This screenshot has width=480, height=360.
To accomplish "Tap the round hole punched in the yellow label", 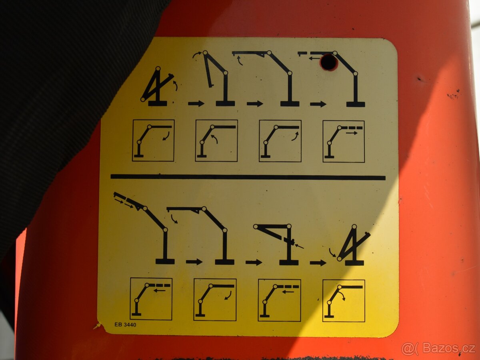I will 329,62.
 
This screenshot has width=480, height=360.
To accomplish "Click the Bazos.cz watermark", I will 438,349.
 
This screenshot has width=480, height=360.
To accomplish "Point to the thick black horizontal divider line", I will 248,177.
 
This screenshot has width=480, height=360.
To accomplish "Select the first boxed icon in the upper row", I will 153,140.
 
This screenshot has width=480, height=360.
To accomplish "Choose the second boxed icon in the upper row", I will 216,140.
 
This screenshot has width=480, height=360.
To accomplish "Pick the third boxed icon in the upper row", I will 280,141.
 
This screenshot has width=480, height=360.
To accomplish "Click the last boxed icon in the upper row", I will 344,141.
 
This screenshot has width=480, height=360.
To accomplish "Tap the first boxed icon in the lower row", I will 151,299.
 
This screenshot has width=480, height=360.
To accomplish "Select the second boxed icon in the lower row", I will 215,300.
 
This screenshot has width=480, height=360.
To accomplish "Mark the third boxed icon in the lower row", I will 279,300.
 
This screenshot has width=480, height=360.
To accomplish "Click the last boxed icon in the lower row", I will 344,300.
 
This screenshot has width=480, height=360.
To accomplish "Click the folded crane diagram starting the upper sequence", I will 157,87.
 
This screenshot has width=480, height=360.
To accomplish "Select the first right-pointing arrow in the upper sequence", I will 196,104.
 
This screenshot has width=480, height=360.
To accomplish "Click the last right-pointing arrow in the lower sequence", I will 318,263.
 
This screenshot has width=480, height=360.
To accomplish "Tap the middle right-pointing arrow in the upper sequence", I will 255,104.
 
